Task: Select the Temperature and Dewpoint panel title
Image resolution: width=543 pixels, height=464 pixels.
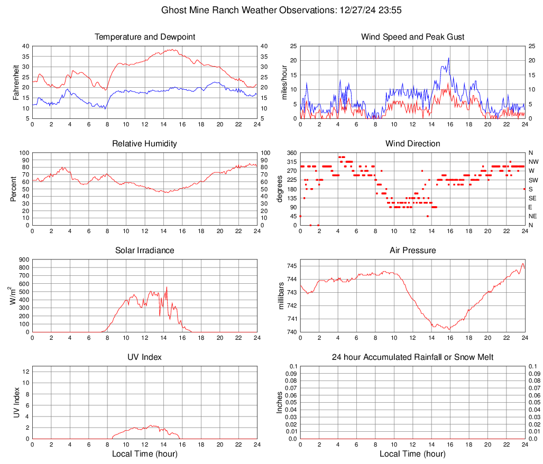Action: point(145,37)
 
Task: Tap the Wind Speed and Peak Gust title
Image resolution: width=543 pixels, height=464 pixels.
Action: point(412,37)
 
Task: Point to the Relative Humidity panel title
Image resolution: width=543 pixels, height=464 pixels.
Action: point(145,144)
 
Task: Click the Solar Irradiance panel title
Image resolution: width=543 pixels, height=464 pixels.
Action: point(145,250)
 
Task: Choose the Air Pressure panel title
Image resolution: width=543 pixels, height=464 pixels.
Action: point(412,250)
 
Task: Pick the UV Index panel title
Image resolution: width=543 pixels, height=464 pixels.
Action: point(145,357)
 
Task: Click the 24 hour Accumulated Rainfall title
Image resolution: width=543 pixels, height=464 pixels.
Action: point(412,357)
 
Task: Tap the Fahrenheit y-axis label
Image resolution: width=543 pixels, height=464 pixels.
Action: point(16,82)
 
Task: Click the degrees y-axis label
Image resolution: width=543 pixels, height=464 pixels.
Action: point(281,189)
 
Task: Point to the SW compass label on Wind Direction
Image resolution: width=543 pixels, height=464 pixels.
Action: point(533,180)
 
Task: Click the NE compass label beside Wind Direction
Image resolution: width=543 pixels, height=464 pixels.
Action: point(533,216)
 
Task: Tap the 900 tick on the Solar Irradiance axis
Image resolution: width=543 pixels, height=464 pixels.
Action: point(24,260)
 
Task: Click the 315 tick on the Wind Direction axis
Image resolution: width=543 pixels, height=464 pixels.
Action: point(292,162)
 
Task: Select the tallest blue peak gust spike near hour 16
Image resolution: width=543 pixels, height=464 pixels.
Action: point(449,58)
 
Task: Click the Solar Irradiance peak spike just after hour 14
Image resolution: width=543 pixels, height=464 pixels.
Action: point(167,287)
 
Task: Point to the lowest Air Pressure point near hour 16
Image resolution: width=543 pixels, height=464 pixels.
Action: point(449,329)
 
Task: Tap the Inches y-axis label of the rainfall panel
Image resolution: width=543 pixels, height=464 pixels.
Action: point(281,402)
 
